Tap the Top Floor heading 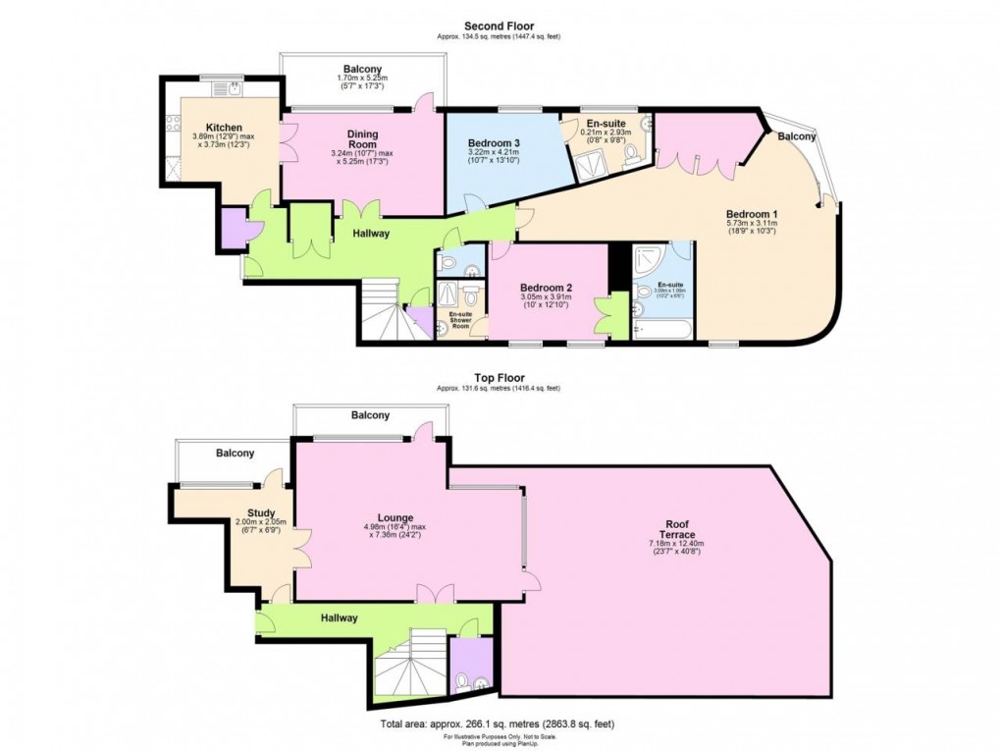500,377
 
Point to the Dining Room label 362,140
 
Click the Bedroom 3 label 494,143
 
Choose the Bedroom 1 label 752,214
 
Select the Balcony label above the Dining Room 362,69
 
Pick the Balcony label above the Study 235,454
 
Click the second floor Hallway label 371,234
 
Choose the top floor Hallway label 338,617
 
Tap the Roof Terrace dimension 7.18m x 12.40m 671,545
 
